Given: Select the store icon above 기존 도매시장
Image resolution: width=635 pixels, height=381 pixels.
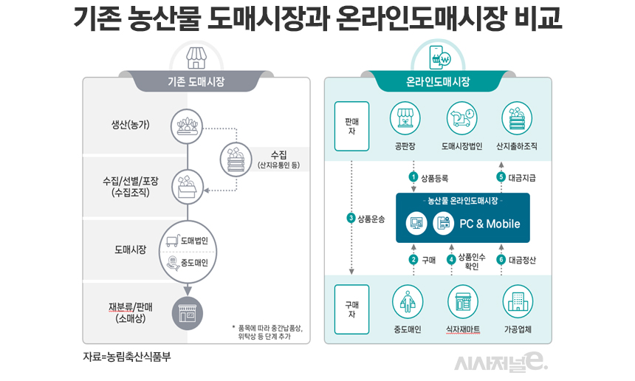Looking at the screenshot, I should coord(195,56).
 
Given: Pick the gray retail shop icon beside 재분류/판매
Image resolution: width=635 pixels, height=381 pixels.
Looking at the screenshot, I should coord(187,313).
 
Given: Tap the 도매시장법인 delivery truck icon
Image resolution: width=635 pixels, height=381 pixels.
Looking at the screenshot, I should coord(461,119).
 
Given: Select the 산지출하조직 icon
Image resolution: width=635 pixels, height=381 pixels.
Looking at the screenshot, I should coord(517,119).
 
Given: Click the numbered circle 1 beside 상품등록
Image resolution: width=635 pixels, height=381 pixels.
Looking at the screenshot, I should coord(413,177).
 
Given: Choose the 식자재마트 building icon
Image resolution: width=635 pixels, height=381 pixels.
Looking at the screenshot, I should coord(461,301).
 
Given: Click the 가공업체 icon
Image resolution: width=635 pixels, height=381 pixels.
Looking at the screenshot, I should coord(517,301).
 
